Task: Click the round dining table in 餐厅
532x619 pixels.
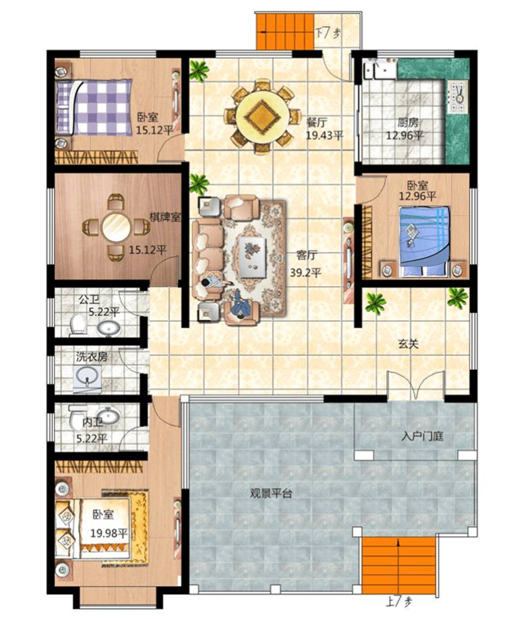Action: tap(262, 117)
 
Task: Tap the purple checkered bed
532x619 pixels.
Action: tap(94, 108)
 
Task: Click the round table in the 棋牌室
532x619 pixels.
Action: tap(116, 227)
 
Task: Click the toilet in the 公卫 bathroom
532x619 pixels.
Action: tap(78, 325)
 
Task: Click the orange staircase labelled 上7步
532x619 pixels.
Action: tap(399, 565)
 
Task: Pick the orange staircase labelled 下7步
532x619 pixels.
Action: tap(285, 32)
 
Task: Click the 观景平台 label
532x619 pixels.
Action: tap(271, 494)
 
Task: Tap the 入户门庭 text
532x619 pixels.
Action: tap(423, 436)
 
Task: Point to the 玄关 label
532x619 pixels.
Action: tap(408, 344)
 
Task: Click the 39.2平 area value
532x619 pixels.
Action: tap(305, 272)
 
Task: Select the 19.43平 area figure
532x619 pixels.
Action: tap(324, 135)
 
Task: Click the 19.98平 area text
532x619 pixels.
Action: tap(109, 533)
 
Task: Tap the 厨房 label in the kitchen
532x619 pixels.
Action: tap(409, 123)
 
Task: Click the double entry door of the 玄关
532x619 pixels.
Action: tap(416, 385)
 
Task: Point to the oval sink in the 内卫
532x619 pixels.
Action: tap(108, 416)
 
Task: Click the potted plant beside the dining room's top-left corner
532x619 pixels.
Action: tap(199, 71)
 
